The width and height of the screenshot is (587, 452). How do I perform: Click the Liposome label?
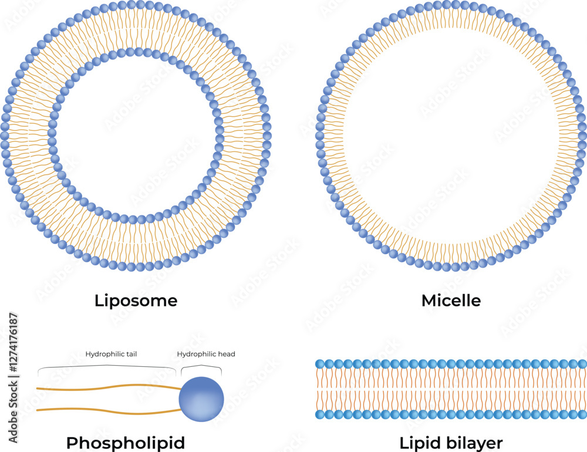tap(136, 301)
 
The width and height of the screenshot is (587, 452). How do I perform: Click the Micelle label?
tap(451, 301)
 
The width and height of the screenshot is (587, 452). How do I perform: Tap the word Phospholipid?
tap(126, 443)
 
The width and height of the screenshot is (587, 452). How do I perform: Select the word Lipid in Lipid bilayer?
tap(417, 443)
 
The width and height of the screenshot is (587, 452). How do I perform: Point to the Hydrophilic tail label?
tap(111, 354)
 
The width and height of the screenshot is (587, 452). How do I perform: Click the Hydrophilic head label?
tap(206, 354)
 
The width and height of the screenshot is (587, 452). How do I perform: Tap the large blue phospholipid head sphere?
tap(201, 399)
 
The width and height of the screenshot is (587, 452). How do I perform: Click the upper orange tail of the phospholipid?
tap(109, 387)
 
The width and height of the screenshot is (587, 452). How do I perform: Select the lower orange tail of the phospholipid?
tap(109, 411)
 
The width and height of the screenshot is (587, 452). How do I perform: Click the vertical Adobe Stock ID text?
tap(14, 377)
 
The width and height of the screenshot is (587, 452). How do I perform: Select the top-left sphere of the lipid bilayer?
tap(320, 364)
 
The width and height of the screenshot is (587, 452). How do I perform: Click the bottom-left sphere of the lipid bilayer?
tap(320, 414)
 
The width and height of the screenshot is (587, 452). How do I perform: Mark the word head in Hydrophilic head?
tap(227, 354)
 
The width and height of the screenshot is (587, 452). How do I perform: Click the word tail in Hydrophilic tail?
tap(131, 354)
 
